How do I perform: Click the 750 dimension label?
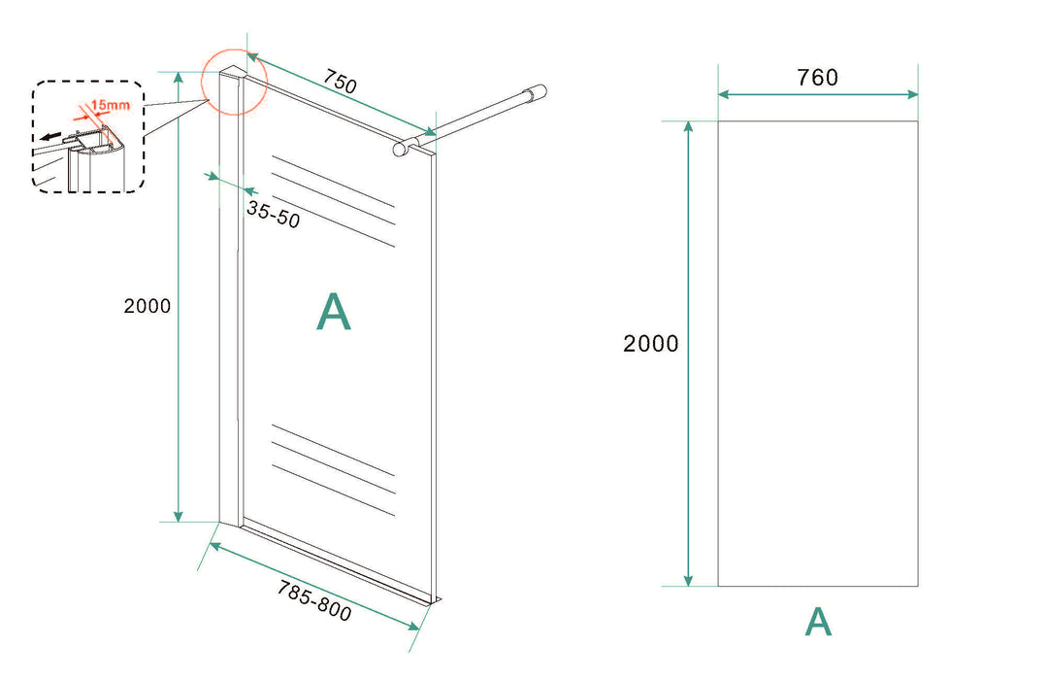click(x=341, y=82)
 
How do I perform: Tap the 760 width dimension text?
click(x=817, y=78)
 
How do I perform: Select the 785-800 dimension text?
click(x=314, y=600)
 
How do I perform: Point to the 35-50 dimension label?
click(x=274, y=214)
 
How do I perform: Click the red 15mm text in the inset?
click(x=111, y=105)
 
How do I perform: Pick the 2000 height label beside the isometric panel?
click(x=147, y=306)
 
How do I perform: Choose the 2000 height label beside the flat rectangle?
click(x=650, y=343)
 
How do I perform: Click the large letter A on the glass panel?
click(x=334, y=311)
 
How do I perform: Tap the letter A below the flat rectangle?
click(x=818, y=622)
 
